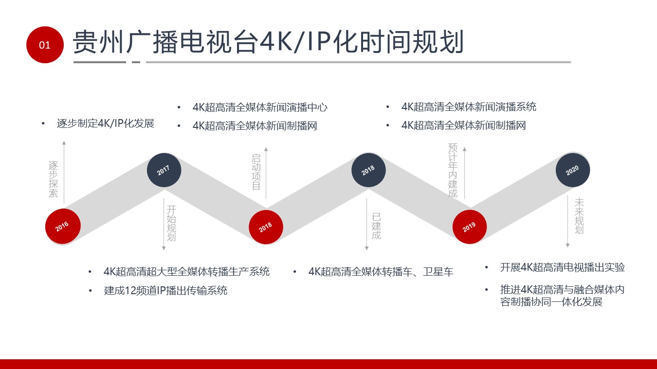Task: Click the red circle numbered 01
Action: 45,45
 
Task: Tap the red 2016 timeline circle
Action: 63,226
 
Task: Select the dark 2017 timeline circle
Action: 164,170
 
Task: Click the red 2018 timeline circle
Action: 266,227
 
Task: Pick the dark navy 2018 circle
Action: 368,170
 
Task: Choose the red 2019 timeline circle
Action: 470,227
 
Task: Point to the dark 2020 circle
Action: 573,170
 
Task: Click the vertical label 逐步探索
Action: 53,179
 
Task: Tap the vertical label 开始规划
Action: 171,223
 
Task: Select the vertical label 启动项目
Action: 256,172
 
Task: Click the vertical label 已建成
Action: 376,226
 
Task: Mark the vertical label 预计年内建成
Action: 453,170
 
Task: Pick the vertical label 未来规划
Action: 579,216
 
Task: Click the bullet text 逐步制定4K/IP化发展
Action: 106,123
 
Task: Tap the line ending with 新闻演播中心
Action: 260,107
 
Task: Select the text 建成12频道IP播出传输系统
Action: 165,290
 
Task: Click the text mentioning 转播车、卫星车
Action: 381,272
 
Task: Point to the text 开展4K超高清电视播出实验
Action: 562,267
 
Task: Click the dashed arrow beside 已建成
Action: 366,225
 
